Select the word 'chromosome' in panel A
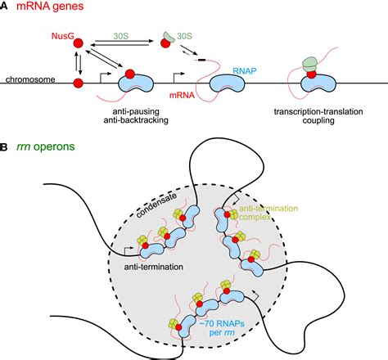coord(30,80)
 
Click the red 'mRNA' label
coord(192,96)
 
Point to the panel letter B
coord(7,148)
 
